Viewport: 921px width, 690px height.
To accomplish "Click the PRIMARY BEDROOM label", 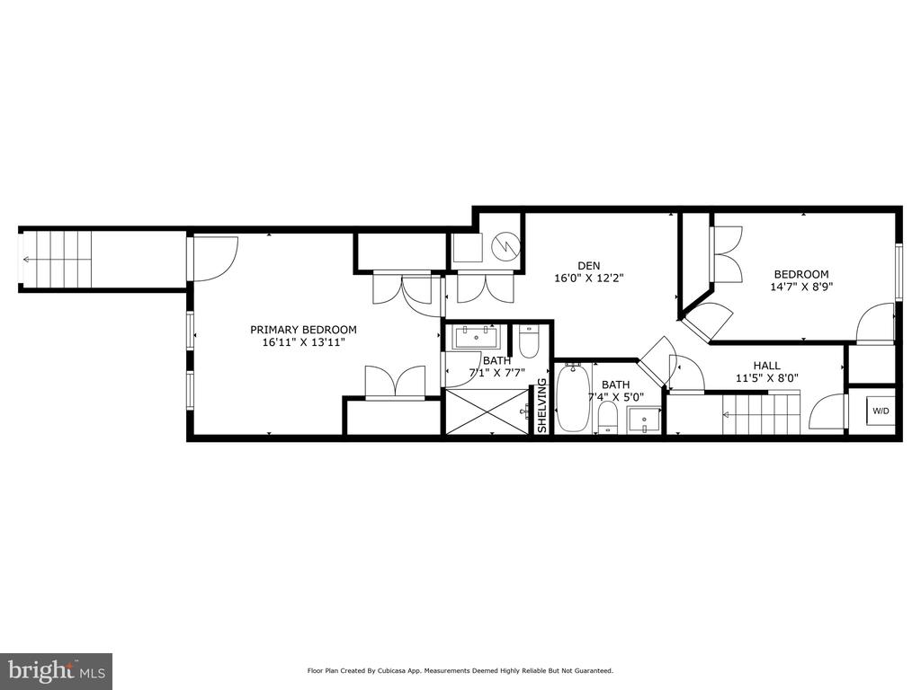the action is pyautogui.click(x=303, y=330).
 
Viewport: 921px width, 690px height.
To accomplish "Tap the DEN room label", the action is pyautogui.click(x=588, y=266).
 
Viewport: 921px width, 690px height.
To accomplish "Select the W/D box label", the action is pyautogui.click(x=881, y=411).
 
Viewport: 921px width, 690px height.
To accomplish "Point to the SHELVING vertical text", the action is pyautogui.click(x=542, y=406).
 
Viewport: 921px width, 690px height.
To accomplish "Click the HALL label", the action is pyautogui.click(x=767, y=366).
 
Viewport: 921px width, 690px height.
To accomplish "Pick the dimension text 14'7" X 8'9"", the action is pyautogui.click(x=801, y=287).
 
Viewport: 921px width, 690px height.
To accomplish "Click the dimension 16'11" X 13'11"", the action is pyautogui.click(x=303, y=342).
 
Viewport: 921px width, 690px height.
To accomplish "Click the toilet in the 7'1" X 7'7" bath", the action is pyautogui.click(x=529, y=342).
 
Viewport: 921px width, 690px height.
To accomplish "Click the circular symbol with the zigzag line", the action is pyautogui.click(x=505, y=247).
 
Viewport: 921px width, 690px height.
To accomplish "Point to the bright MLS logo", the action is pyautogui.click(x=57, y=670).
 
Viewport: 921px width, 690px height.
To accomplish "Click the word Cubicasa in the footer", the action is pyautogui.click(x=389, y=670).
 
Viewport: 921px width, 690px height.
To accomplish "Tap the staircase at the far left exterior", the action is pyautogui.click(x=56, y=260).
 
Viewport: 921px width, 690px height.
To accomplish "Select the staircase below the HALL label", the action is pyautogui.click(x=761, y=413).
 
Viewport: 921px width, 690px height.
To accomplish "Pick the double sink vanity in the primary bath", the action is pyautogui.click(x=476, y=338).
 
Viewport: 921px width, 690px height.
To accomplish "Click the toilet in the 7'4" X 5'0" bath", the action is pyautogui.click(x=608, y=418).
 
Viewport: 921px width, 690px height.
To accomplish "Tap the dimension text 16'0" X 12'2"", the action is pyautogui.click(x=588, y=279).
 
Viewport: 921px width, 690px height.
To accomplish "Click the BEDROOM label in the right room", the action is pyautogui.click(x=801, y=274).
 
